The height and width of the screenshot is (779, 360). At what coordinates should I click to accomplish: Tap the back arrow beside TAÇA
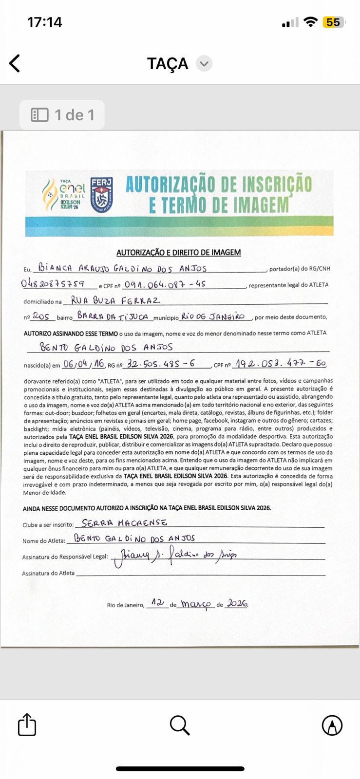15,63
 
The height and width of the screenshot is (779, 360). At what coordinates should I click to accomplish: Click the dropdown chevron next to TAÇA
204,64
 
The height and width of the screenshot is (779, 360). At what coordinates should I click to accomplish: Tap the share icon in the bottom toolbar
27,724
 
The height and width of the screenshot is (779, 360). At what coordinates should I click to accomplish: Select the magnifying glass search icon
179,725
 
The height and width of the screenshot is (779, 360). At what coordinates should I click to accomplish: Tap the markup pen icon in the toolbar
332,725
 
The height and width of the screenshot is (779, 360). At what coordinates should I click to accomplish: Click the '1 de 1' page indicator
62,115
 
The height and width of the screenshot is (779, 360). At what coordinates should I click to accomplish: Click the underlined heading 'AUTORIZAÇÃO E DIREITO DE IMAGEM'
178,252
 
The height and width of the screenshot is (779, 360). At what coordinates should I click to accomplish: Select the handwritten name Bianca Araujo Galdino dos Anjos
123,268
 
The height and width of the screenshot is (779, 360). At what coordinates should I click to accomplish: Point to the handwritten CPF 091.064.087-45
165,284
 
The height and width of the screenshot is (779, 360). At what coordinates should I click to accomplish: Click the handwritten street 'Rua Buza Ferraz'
115,300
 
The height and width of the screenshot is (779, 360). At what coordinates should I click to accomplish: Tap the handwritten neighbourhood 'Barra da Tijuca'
113,316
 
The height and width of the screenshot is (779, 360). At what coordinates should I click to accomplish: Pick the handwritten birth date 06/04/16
83,364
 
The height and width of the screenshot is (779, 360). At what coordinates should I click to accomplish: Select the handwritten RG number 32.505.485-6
161,364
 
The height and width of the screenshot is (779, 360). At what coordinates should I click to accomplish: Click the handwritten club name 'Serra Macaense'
124,523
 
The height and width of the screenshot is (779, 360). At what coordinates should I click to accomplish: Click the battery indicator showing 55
334,22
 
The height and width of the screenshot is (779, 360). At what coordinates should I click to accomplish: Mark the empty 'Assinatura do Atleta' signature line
200,574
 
